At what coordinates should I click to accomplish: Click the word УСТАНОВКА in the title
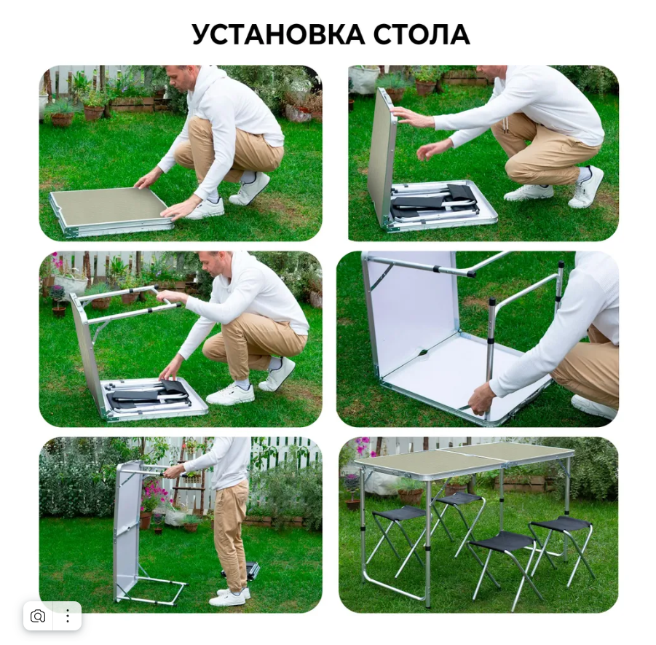(278, 34)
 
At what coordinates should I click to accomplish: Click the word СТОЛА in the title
(422, 34)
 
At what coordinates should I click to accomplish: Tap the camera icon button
(38, 616)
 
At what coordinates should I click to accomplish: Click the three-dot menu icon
(68, 616)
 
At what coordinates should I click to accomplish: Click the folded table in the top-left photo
(111, 211)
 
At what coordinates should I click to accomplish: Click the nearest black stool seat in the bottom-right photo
(501, 540)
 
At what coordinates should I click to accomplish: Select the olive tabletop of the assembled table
(465, 458)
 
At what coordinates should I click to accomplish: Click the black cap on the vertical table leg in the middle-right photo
(492, 302)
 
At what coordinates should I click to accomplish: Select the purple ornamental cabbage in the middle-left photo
(57, 292)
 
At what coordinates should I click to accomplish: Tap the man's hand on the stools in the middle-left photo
(167, 372)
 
